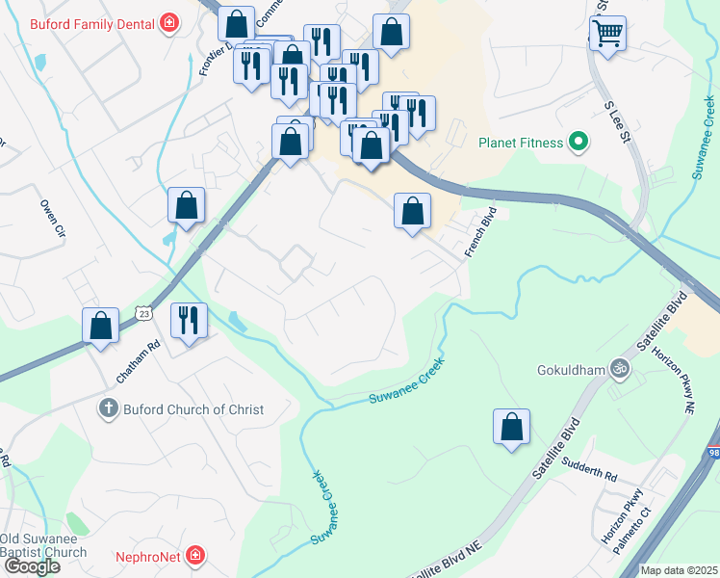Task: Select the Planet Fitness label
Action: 521,144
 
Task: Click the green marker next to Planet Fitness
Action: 578,144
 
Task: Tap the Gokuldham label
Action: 574,369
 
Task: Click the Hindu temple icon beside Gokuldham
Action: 620,367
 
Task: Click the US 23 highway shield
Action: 143,313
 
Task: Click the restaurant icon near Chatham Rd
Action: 189,320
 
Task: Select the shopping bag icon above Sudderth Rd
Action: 512,427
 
